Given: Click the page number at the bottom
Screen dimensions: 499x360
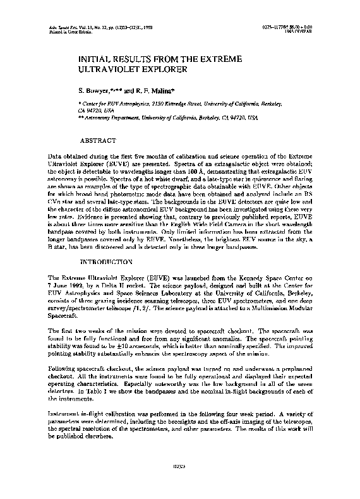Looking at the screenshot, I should pos(179,484).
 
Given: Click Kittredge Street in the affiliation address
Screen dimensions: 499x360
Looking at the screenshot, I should pos(178,102).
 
